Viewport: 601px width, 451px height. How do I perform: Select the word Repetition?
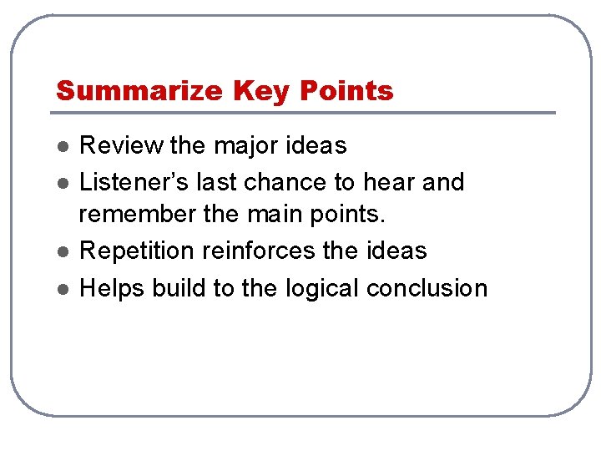[137, 251]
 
